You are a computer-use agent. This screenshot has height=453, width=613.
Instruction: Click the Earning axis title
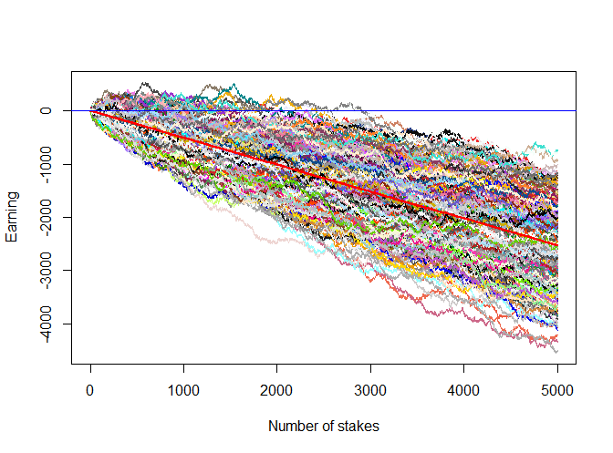tap(13, 222)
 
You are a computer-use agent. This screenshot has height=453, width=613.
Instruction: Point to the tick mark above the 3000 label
tap(370, 368)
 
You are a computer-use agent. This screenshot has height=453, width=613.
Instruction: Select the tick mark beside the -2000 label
tap(68, 217)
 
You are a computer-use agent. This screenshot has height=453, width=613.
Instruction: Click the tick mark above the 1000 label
tap(183, 368)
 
